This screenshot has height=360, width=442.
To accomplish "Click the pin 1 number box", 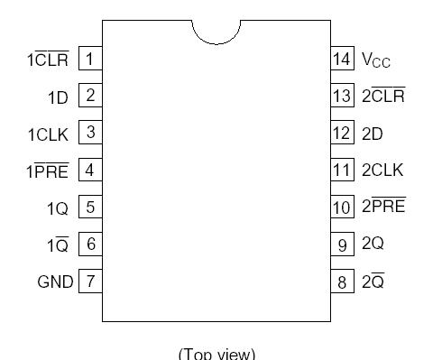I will (90, 60).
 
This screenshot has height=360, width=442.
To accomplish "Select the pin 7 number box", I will (90, 282).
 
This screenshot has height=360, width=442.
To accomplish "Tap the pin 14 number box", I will (341, 60).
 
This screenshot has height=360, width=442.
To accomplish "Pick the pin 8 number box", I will (341, 282).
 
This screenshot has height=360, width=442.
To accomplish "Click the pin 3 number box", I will (90, 134).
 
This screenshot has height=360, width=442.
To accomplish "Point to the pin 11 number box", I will (341, 171).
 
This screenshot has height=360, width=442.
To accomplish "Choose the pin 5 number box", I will (90, 208).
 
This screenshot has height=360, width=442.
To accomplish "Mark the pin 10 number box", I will (341, 208).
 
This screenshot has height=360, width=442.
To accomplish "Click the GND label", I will (55, 282).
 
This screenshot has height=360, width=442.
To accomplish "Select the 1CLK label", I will (49, 134).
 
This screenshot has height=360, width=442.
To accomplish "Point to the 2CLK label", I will (382, 171).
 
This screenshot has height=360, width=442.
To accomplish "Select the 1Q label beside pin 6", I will (58, 245).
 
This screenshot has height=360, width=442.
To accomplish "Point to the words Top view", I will (217, 352).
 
